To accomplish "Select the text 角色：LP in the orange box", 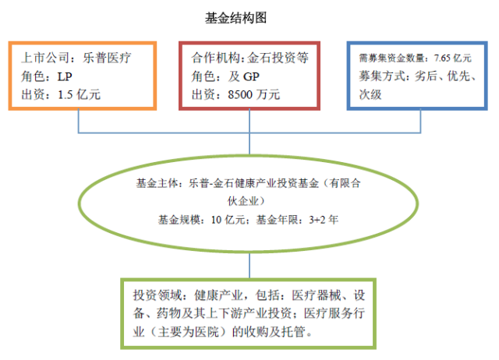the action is [48, 76].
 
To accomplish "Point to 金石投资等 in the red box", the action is [276, 58].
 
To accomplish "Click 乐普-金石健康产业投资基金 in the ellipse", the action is [253, 184].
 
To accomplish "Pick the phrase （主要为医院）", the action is [189, 332].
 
